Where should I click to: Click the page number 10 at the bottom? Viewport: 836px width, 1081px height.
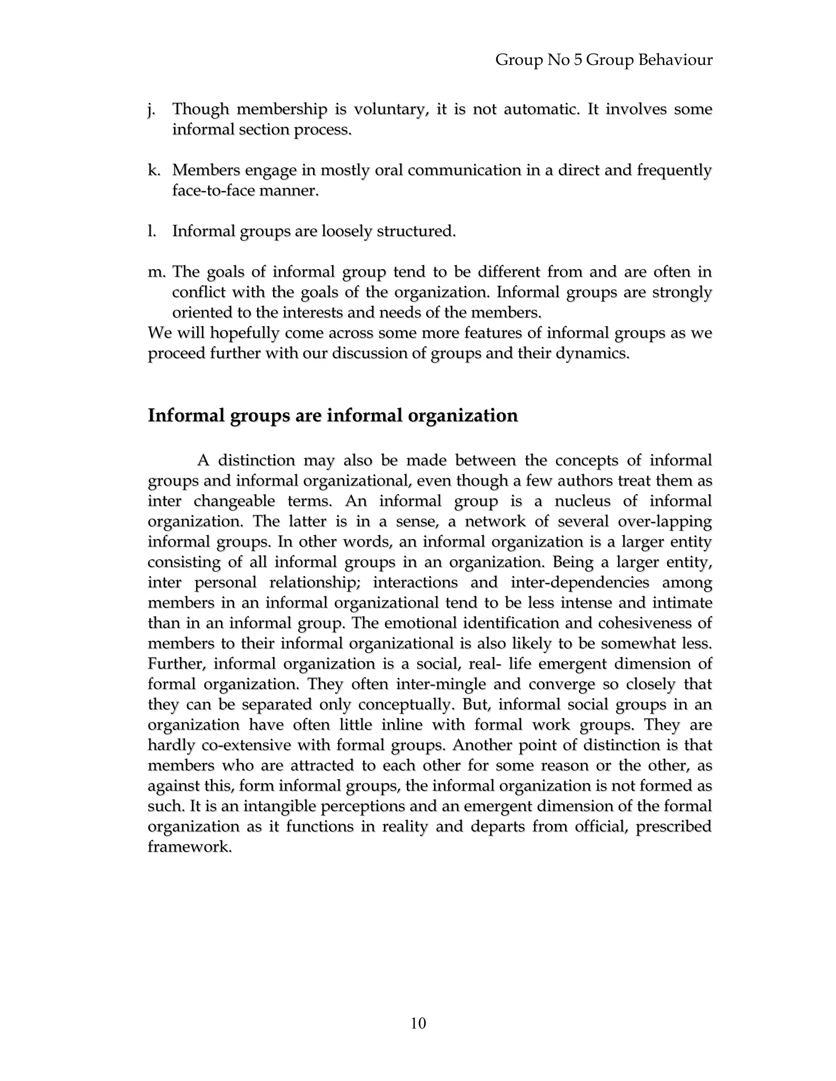tap(418, 1023)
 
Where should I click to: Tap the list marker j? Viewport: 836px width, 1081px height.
tap(151, 109)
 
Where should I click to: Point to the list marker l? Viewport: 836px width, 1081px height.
tap(151, 231)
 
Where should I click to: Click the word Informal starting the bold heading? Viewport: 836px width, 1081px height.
tap(186, 415)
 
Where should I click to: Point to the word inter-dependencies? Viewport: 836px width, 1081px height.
tap(580, 582)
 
